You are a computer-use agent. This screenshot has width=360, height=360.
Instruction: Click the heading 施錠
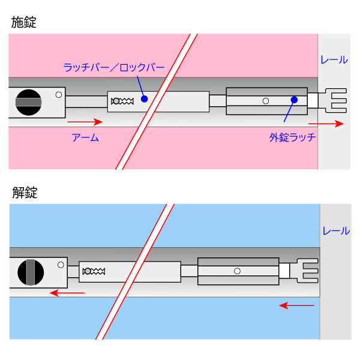[x=24, y=23]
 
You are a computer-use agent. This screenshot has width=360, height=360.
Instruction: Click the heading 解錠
[x=25, y=193]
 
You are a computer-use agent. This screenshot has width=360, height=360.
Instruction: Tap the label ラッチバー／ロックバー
[x=114, y=67]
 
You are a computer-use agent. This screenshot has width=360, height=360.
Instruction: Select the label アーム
[x=85, y=138]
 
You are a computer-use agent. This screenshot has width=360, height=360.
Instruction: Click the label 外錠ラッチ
[x=292, y=138]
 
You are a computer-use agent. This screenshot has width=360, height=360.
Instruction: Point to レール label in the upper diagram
[x=334, y=60]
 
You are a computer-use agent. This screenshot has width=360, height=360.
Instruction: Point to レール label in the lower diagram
[x=336, y=230]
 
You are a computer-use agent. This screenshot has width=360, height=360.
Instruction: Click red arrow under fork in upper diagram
[x=330, y=124]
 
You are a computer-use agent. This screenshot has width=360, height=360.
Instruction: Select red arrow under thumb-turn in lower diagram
[x=67, y=293]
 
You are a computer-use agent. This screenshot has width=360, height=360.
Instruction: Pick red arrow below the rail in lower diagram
[x=297, y=305]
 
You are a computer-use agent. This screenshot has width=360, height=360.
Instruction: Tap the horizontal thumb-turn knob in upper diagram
[x=29, y=102]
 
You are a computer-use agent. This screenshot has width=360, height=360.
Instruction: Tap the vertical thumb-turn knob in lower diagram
[x=31, y=272]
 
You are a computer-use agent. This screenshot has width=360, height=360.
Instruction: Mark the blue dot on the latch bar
[x=144, y=98]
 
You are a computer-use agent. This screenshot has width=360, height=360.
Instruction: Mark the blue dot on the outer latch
[x=294, y=99]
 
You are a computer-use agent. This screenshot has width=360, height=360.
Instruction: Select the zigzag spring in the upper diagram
[x=124, y=101]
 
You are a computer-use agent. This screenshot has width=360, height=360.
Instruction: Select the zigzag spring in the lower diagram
[x=94, y=272]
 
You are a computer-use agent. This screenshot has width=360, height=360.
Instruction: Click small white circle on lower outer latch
[x=237, y=271]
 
